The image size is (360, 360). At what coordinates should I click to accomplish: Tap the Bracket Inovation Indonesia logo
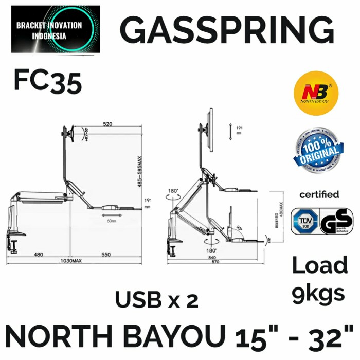56,29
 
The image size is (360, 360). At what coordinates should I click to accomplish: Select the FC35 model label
48,82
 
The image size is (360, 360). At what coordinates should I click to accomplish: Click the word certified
319,194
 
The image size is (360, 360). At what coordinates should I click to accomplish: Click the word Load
320,266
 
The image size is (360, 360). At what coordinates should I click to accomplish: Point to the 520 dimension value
109,124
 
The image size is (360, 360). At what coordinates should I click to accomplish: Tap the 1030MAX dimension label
70,261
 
